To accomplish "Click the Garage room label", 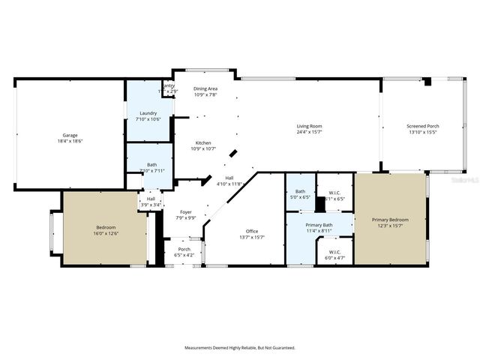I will click(x=70, y=135).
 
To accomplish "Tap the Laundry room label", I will click(x=148, y=113).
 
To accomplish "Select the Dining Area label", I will click(x=205, y=88).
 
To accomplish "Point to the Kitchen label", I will click(x=203, y=143).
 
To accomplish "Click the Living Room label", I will click(x=309, y=126).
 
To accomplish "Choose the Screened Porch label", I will click(x=423, y=126).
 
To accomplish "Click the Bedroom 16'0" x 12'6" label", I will click(x=106, y=227).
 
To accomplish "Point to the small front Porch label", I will click(x=184, y=250).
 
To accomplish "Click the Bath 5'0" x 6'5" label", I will click(x=300, y=192).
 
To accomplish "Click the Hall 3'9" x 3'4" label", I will click(x=151, y=199).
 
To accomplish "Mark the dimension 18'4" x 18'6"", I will click(x=70, y=141).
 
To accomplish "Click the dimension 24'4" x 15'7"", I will click(x=309, y=132).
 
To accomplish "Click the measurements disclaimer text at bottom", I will click(x=240, y=347).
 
